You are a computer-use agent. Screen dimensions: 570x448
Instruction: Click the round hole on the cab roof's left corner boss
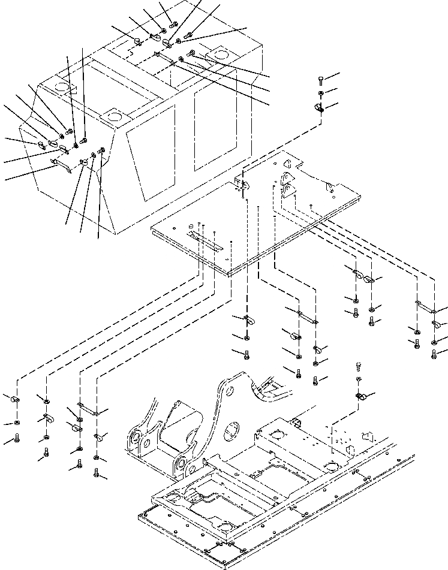[x=62, y=88]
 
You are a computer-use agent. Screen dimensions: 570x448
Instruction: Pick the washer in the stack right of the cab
[x=321, y=94]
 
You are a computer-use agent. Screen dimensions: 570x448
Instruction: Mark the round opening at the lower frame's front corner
[x=224, y=526]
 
